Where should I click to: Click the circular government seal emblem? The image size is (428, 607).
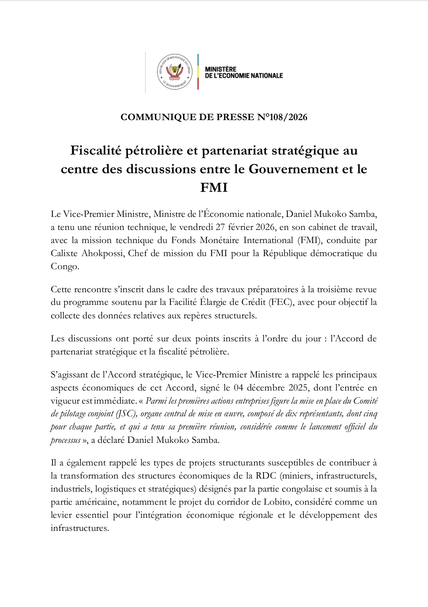(x=175, y=72)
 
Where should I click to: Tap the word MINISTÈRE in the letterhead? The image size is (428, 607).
(x=221, y=69)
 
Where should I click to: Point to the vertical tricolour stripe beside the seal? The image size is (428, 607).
(x=198, y=72)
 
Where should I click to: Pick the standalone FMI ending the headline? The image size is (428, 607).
(x=214, y=187)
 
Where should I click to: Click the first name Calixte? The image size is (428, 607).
(x=64, y=253)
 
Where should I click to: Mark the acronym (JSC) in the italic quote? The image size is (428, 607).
(x=126, y=414)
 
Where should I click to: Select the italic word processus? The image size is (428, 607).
(x=65, y=440)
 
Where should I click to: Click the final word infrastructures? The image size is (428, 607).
(x=79, y=528)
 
